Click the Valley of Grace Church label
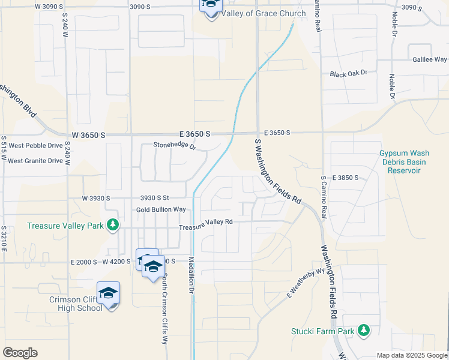[255, 13]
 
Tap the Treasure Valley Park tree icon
[112, 225]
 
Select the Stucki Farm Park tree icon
[363, 330]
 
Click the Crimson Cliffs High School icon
[108, 293]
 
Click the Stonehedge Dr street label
[175, 145]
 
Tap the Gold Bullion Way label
[161, 209]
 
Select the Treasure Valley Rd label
[206, 223]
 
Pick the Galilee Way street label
[429, 59]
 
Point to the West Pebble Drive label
[35, 146]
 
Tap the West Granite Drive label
[35, 160]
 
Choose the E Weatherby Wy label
[306, 284]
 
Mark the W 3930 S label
[97, 198]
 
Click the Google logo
[20, 353]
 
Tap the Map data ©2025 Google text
[412, 355]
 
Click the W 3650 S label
[88, 136]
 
